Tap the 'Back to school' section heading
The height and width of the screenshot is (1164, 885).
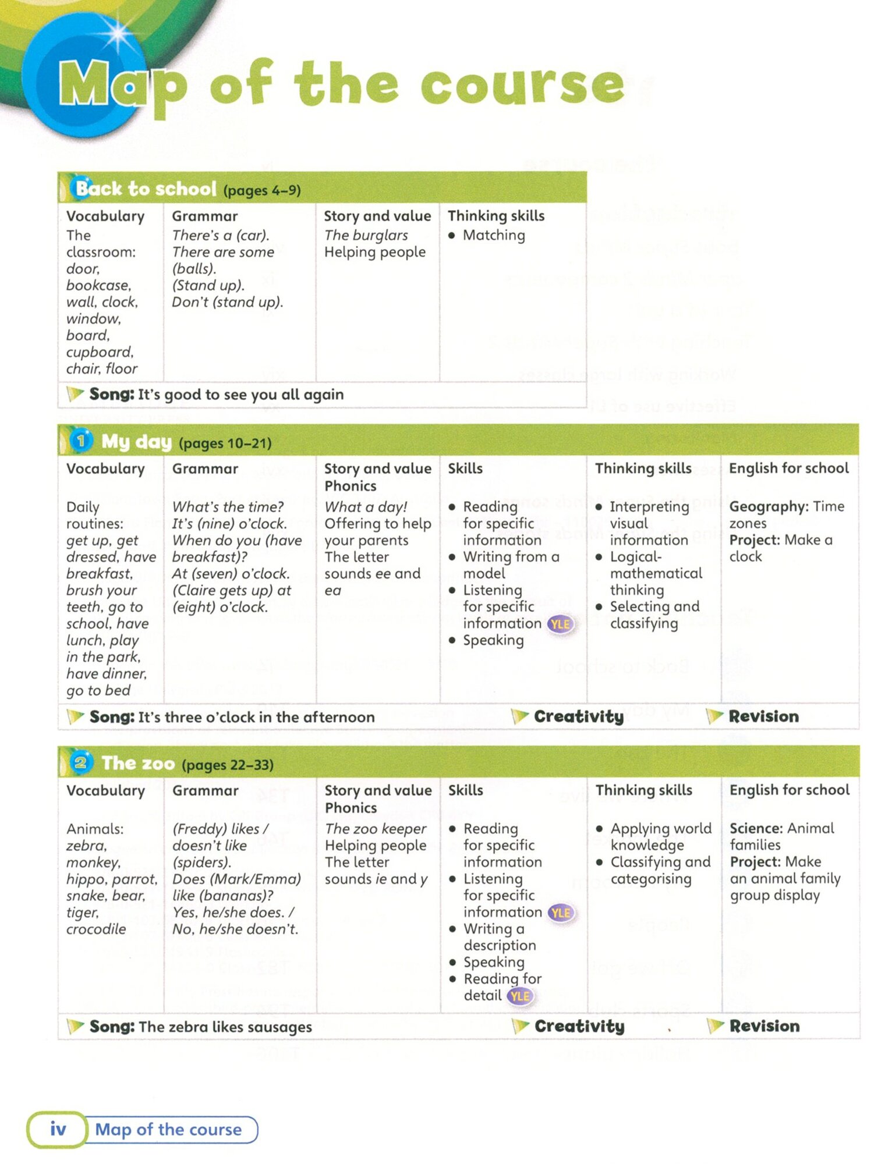(146, 189)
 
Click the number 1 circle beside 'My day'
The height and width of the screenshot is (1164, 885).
(81, 441)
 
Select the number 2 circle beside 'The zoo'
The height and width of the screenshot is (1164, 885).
(81, 762)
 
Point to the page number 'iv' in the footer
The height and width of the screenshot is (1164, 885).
(58, 1129)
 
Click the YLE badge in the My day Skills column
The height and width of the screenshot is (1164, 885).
(560, 624)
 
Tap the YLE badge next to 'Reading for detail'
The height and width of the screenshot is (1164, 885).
(519, 996)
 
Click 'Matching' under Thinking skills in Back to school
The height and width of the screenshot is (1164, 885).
(494, 235)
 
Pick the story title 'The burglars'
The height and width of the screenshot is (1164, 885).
(366, 235)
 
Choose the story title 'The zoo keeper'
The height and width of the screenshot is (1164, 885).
(376, 828)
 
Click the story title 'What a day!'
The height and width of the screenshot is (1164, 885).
(366, 506)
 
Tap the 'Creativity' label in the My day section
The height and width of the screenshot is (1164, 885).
(578, 716)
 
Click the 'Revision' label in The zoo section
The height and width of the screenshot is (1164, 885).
(764, 1026)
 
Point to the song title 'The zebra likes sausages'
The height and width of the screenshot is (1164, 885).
(225, 1027)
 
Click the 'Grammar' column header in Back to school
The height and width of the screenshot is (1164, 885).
(205, 216)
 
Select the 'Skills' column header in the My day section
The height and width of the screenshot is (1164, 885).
(465, 469)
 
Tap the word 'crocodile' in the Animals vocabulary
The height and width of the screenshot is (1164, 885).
(96, 929)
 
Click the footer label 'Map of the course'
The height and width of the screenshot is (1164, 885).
(168, 1130)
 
